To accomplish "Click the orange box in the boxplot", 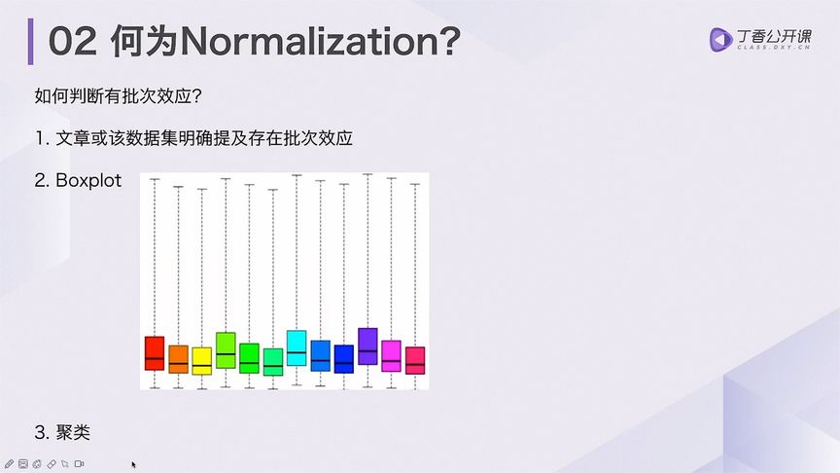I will coord(178,359).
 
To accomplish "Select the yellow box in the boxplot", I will coord(201,361).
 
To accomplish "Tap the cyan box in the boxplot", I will coord(297,347).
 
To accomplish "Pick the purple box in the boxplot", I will coord(367,346).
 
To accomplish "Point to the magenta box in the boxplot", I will coord(391,355).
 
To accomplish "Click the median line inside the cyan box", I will coord(297,352).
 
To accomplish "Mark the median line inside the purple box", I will coord(367,350).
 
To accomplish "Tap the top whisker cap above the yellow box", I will coord(201,189).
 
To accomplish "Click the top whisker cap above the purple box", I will coord(367,174).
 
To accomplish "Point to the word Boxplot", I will coord(88,180).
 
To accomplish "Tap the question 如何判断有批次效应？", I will coord(124,97).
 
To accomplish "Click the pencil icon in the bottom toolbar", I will coord(9,463).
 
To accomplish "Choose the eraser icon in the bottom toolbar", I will coord(51,463).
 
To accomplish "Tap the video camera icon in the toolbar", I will coord(80,463).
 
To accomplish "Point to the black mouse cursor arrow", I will coord(134,465).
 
